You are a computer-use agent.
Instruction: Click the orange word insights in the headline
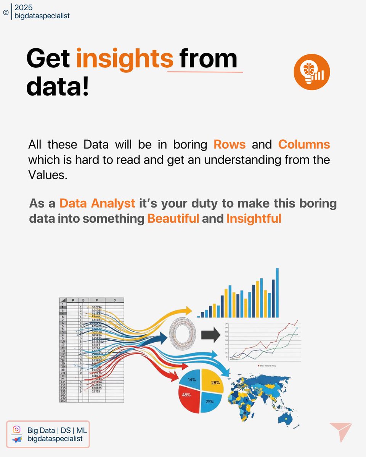coord(124,59)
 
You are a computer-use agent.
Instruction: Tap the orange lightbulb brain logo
coord(311,72)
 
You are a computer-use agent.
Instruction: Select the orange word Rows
coord(230,145)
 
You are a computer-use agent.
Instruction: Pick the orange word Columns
coord(304,145)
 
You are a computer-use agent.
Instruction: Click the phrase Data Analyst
coord(97,203)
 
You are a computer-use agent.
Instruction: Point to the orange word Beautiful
coord(173,219)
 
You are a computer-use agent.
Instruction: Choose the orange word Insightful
coord(254,219)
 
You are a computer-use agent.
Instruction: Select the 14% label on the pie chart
coord(191,379)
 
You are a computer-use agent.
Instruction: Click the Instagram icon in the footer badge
coord(16,429)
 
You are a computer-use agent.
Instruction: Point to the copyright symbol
coord(5,12)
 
